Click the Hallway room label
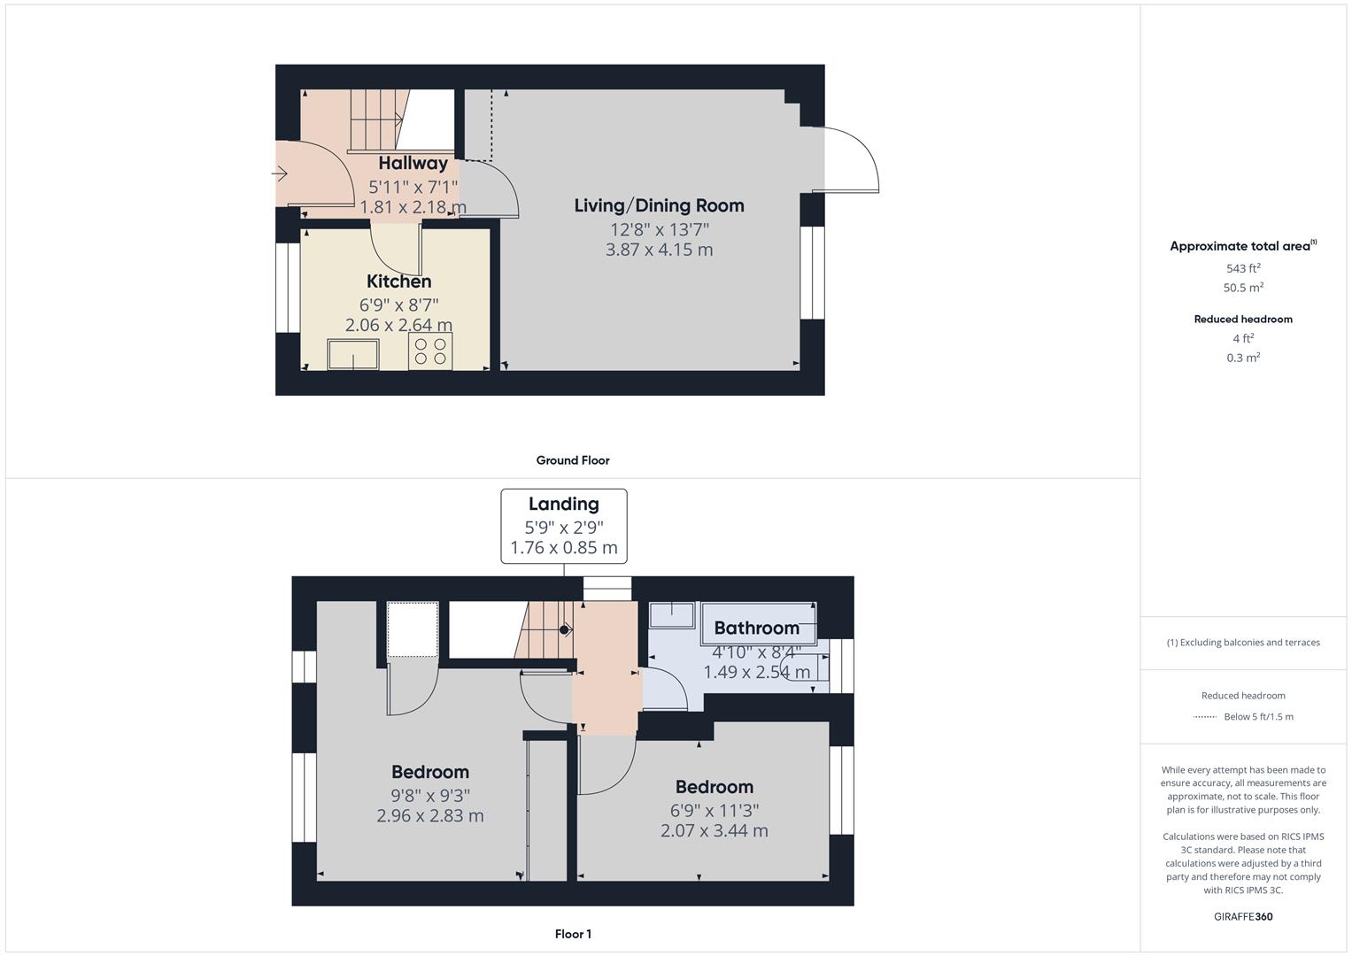[413, 163]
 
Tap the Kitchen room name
[398, 281]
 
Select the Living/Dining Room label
[659, 205]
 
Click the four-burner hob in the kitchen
[430, 351]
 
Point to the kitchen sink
[353, 354]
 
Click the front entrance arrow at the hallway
[280, 174]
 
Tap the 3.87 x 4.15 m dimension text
[659, 250]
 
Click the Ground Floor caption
[572, 460]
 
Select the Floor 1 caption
[573, 934]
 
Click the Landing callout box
[564, 526]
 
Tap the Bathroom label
[756, 628]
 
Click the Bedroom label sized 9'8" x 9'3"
[430, 772]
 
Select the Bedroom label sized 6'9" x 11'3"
[714, 787]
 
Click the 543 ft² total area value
[1243, 268]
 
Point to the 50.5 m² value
[1243, 288]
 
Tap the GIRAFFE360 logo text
[1243, 916]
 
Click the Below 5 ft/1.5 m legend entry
[1257, 717]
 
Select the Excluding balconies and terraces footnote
[1243, 643]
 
